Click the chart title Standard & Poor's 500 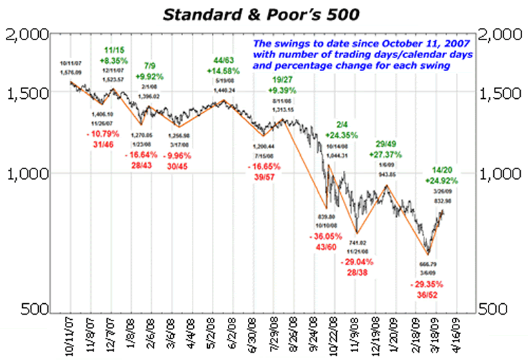(264, 11)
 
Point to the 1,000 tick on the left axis (29, 173)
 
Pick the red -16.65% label (267, 165)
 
